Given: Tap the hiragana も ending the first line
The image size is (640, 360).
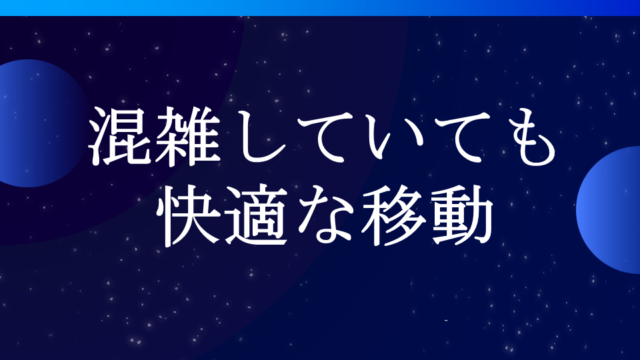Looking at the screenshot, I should click(521, 137).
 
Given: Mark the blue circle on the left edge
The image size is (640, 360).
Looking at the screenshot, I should click(33, 123).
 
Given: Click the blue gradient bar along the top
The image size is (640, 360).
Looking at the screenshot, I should click(320, 7).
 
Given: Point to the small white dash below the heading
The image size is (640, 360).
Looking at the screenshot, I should click(445, 321).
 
